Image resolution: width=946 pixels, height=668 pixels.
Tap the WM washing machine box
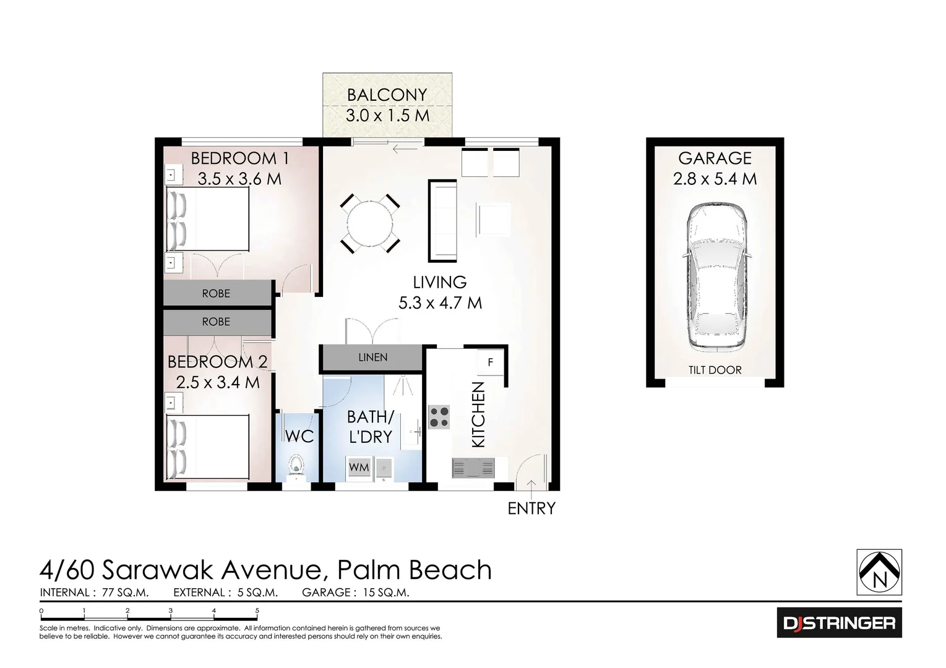coord(359,467)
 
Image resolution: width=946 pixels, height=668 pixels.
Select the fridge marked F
coord(490,362)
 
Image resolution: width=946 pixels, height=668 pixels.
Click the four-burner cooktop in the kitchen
coord(439,417)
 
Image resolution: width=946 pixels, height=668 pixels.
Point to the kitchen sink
coord(473,468)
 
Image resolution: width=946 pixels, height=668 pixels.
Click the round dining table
coord(371,223)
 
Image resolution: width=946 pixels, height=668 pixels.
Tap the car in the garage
coord(715,276)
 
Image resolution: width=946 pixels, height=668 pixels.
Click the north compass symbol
coord(879,572)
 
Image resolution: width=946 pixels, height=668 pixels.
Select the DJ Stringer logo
coord(839,622)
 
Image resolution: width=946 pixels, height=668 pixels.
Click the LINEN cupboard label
coord(372,358)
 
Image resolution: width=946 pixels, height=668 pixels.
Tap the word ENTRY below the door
coord(531,508)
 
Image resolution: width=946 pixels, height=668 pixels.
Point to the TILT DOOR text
coord(715,370)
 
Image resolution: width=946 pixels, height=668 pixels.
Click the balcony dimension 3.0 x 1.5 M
coord(387,116)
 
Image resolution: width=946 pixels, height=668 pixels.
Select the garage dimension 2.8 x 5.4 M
coord(715,179)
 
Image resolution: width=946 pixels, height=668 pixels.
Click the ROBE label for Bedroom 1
coord(216,293)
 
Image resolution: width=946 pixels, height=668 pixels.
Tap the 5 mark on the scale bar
coord(257,610)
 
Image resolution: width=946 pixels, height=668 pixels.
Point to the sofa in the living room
coord(442,221)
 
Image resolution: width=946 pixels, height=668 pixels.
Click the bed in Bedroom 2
coord(209,447)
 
